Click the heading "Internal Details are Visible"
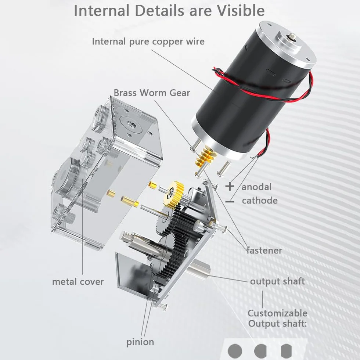[169, 11]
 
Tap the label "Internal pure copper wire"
[148, 42]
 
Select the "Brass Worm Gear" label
[152, 93]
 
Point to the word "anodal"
[256, 187]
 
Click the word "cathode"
[260, 201]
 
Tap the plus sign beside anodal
[230, 186]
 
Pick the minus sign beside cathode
[230, 202]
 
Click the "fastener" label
[264, 250]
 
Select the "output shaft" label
[277, 281]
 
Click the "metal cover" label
[78, 282]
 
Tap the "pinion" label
[140, 342]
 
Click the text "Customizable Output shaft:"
[277, 318]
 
